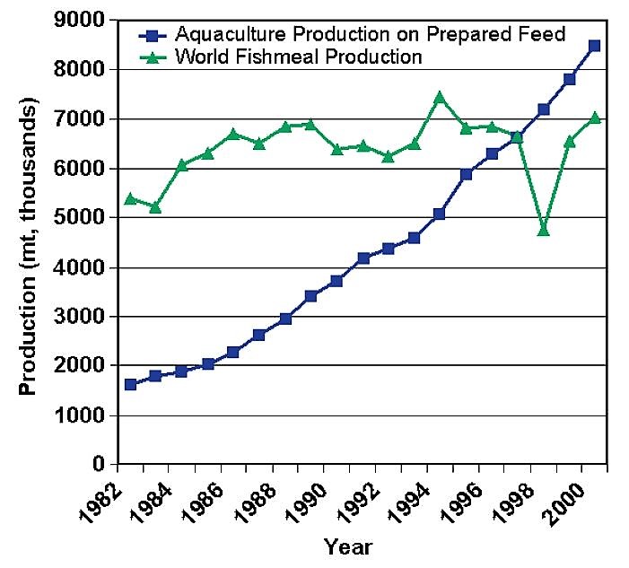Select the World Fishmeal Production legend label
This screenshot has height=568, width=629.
pyautogui.click(x=299, y=57)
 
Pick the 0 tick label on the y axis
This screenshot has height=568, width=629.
pyautogui.click(x=100, y=465)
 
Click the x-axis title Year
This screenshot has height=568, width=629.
pyautogui.click(x=348, y=546)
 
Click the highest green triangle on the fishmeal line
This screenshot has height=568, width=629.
pyautogui.click(x=440, y=97)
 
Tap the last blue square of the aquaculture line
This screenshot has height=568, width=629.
pyautogui.click(x=595, y=45)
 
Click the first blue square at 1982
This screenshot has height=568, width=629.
pyautogui.click(x=131, y=384)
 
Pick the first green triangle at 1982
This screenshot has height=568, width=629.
pyautogui.click(x=131, y=198)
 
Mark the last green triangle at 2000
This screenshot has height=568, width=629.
pyautogui.click(x=595, y=118)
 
